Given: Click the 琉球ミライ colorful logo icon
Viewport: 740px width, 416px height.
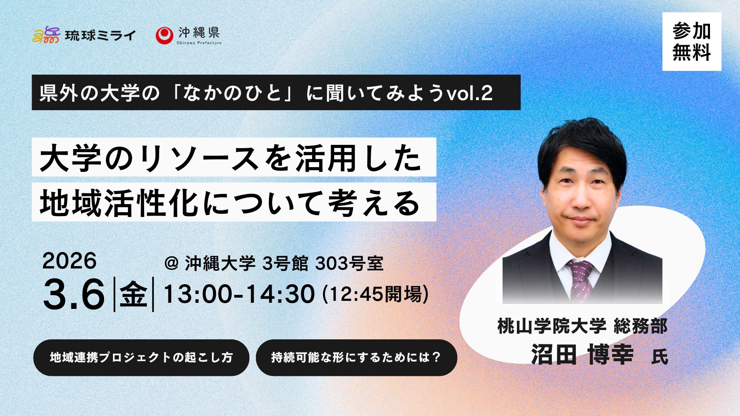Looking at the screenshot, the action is point(46,35).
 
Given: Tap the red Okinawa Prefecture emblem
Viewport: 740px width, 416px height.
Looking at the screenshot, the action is point(164,35).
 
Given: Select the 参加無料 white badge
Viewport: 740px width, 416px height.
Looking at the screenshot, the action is point(692,42).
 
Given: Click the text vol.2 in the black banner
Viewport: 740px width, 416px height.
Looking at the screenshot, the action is point(469,93).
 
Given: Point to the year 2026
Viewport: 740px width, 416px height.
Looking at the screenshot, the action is point(69,261).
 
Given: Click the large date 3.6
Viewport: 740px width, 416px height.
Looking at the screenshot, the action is point(74,294).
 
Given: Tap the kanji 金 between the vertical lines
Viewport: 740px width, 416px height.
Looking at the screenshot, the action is point(134,294).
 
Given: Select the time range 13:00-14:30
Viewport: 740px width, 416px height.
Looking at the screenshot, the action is point(239,294).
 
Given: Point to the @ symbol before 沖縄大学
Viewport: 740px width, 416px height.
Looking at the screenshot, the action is point(172,263).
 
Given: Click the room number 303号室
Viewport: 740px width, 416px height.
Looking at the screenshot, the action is point(349,263).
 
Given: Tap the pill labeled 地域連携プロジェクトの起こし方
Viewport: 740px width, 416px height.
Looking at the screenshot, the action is point(141,357).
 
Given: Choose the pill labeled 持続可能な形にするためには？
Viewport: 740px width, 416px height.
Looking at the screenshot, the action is point(357,357).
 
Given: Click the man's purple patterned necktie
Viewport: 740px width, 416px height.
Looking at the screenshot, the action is point(580,279).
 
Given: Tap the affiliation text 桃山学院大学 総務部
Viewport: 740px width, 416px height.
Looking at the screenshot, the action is point(582,326).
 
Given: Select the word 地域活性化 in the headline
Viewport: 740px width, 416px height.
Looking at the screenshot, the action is point(119,203).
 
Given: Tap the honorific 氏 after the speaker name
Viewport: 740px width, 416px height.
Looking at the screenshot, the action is point(659,356).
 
